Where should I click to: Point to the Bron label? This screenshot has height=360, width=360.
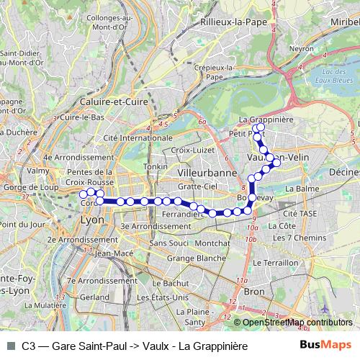pyautogui.click(x=254, y=292)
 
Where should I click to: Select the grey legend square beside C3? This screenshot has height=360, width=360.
pyautogui.click(x=10, y=346)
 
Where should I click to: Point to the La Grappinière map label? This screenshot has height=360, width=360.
pyautogui.click(x=265, y=119)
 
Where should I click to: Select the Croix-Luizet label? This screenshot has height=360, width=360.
pyautogui.click(x=189, y=150)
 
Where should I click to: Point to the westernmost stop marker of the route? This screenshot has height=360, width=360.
pyautogui.click(x=84, y=194)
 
